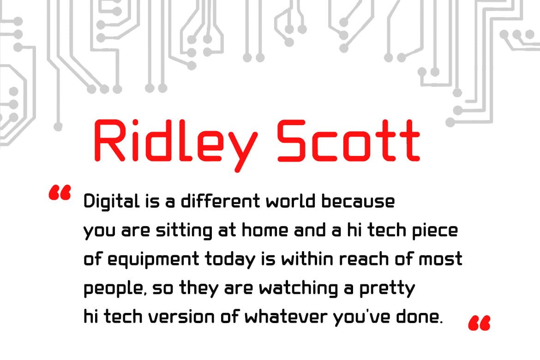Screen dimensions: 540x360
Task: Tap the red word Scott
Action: [x=348, y=141]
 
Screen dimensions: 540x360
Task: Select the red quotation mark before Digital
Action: [x=60, y=192]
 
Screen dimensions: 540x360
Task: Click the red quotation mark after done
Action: [x=479, y=323]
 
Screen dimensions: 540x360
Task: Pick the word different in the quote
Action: [x=221, y=201]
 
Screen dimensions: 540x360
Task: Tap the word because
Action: [x=358, y=202]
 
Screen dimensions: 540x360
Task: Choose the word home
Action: [x=265, y=230]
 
